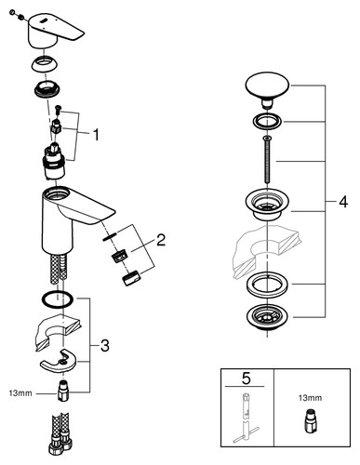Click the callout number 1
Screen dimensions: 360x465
point(96,135)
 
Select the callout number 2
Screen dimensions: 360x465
point(161,240)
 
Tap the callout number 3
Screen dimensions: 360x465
point(105,345)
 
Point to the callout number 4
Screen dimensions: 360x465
point(343,202)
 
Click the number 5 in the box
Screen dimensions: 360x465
point(246,379)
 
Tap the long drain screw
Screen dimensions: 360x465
point(267,160)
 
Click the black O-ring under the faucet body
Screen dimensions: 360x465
point(58,299)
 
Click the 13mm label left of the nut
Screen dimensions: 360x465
point(20,393)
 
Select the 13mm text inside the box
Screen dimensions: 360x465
point(310,398)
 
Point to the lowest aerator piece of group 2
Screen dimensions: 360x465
point(131,278)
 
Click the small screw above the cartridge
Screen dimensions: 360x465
point(58,110)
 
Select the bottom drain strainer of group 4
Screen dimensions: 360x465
point(267,318)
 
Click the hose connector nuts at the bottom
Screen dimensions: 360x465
point(60,445)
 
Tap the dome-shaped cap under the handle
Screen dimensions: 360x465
point(46,64)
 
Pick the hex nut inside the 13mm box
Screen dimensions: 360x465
point(310,421)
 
